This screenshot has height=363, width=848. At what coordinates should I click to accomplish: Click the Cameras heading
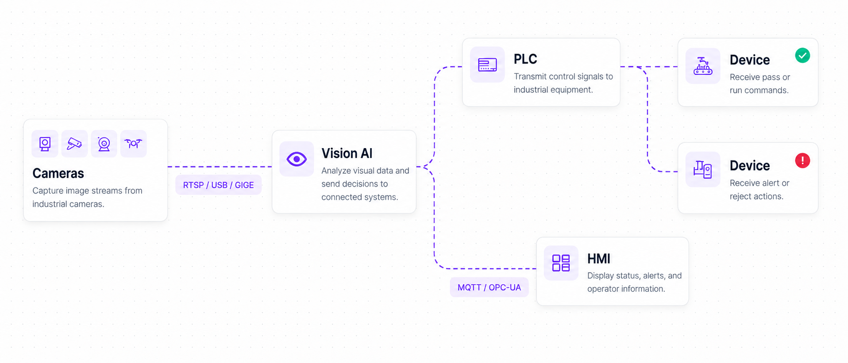pos(58,173)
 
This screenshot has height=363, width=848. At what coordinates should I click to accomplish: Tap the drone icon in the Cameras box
pos(133,143)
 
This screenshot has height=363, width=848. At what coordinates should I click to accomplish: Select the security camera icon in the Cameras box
pos(74,144)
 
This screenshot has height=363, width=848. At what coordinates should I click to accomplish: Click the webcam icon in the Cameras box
pos(104,144)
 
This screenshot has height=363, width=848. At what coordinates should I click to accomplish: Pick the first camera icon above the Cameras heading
pos(45,144)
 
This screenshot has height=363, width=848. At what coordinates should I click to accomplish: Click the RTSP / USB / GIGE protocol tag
pos(218,185)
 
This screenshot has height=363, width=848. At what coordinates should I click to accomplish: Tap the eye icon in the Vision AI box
pos(297,159)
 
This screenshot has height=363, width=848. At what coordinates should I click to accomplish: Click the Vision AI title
pos(347,153)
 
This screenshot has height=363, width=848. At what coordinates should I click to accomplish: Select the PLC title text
pos(525,59)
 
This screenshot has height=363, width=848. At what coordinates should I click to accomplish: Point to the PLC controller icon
pos(487,65)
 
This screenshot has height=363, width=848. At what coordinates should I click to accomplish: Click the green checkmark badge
pos(802,55)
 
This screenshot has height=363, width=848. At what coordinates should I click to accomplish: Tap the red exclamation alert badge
pos(802,160)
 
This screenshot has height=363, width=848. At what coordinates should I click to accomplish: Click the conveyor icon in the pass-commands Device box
pos(703,66)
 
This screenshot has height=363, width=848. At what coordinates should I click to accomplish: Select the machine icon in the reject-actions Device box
pos(702,169)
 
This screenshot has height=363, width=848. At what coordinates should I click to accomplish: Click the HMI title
pos(598,259)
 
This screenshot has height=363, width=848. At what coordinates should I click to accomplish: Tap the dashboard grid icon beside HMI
pos(561,263)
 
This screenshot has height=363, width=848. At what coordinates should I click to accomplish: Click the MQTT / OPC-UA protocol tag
pos(489,287)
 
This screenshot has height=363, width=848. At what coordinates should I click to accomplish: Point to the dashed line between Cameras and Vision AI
pos(220,167)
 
